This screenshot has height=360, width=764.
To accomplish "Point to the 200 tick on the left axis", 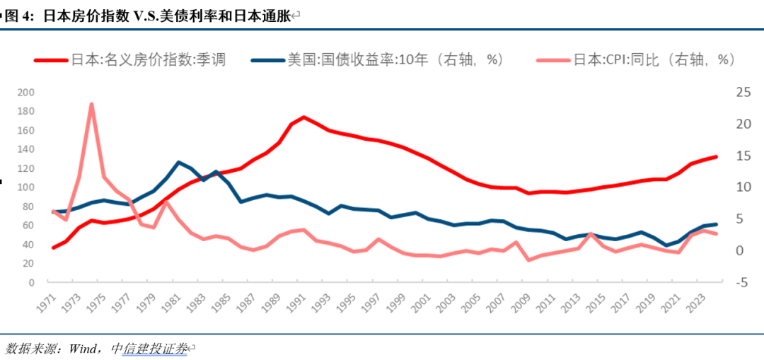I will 45,92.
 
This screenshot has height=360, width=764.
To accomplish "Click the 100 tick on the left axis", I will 45,187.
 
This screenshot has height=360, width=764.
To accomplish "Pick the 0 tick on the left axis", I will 50,282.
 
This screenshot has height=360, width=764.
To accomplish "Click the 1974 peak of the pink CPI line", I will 91,105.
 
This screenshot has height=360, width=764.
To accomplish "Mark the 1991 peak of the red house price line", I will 303,117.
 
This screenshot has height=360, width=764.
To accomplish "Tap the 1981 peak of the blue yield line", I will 178,162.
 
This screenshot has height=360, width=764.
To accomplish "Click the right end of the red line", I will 716,157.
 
